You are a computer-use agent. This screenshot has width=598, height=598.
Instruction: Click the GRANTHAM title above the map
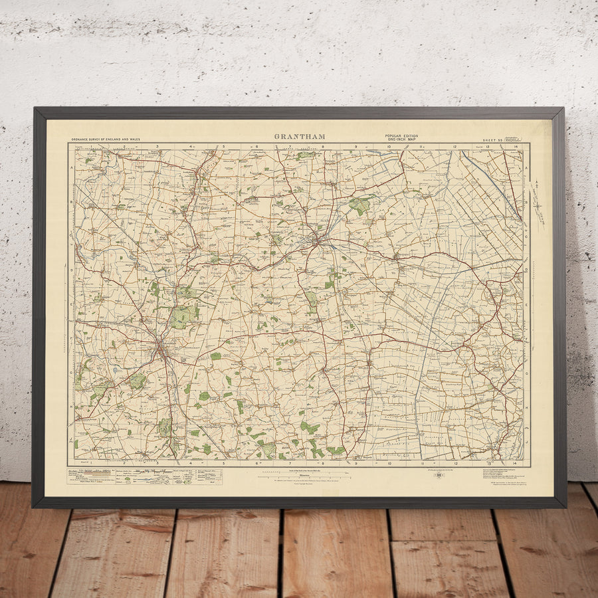click(x=300, y=137)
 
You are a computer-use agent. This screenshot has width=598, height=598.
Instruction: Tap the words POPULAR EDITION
click(x=401, y=136)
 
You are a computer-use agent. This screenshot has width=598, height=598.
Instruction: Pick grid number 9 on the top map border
click(x=355, y=146)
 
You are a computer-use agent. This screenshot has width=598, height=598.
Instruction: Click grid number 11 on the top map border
click(x=421, y=146)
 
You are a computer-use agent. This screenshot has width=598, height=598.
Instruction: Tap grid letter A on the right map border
click(x=526, y=168)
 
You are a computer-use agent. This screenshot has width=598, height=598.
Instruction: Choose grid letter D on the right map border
click(x=526, y=270)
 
